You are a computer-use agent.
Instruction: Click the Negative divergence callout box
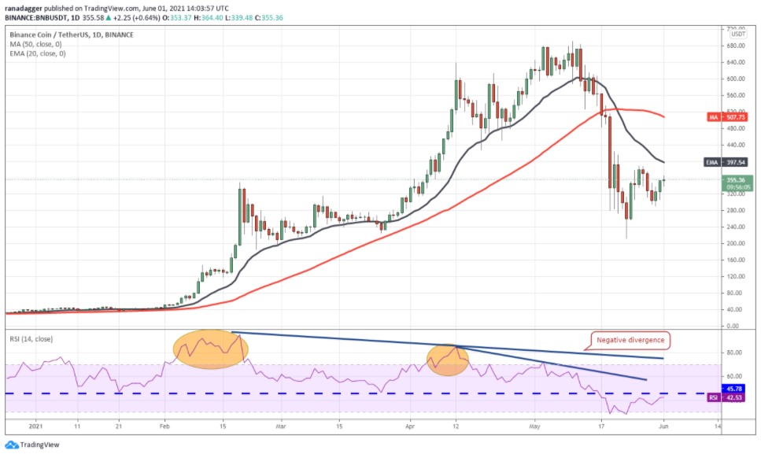(630, 341)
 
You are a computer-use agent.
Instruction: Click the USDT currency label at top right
(737, 34)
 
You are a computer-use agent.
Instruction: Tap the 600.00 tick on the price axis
(735, 79)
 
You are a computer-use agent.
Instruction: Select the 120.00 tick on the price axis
(735, 276)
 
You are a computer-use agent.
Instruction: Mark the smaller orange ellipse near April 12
(447, 360)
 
